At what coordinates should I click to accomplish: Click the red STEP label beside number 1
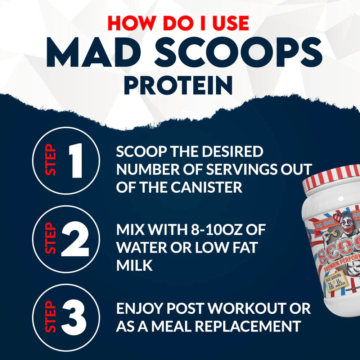(52, 160)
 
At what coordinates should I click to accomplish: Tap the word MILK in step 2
(134, 266)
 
